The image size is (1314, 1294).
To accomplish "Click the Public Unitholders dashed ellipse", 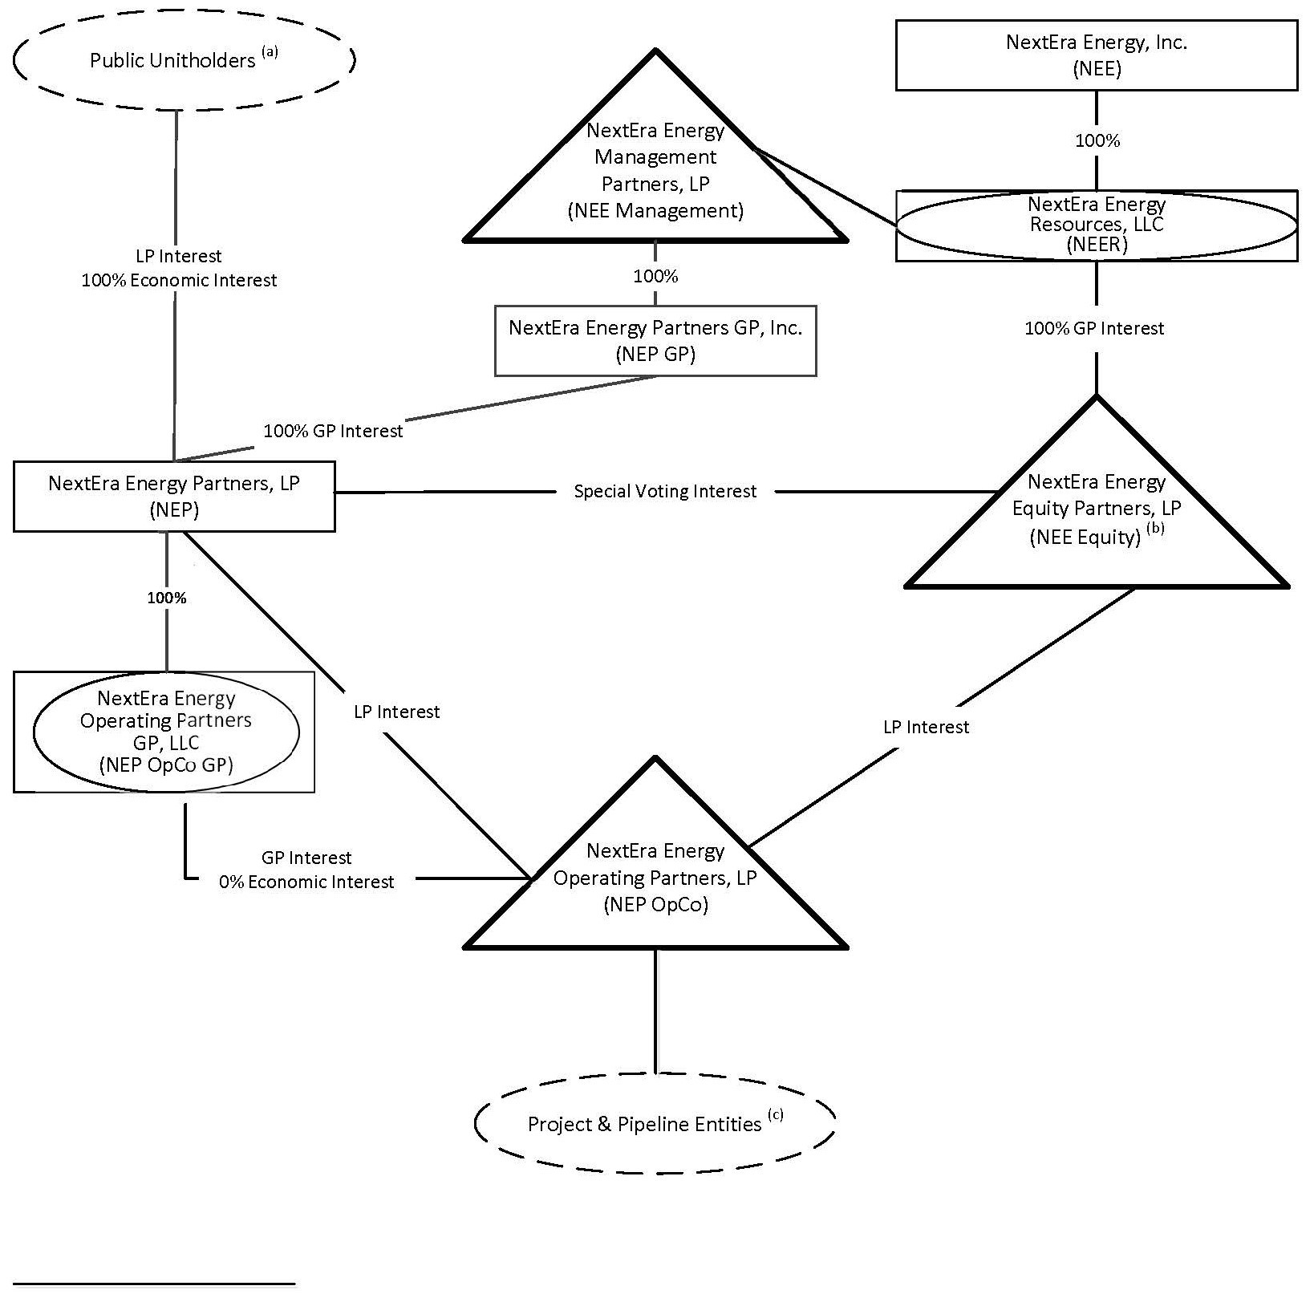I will click(184, 60).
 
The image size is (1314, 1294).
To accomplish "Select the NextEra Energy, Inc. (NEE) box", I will click(1096, 55).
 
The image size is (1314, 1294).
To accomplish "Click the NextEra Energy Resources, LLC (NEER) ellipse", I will click(1096, 225).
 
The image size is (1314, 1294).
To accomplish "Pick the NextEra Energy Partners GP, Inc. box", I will click(655, 340).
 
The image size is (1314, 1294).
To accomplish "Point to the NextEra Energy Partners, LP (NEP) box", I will click(174, 496).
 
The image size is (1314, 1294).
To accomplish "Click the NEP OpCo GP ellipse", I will click(166, 731).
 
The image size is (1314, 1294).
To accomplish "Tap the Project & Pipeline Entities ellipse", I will click(655, 1123).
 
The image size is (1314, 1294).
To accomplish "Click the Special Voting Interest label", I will click(665, 491).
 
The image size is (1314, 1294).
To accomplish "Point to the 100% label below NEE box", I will click(1097, 140).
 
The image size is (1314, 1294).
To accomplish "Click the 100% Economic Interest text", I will click(180, 281).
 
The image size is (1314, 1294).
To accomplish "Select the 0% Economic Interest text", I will click(306, 882).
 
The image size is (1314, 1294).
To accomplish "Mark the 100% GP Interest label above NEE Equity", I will click(1094, 328).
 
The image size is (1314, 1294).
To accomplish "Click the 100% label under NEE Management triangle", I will click(655, 276).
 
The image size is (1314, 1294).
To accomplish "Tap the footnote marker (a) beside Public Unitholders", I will click(270, 52).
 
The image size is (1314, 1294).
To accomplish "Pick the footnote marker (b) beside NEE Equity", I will click(1155, 529).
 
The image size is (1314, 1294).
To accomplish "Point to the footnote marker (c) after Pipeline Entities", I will click(775, 1114).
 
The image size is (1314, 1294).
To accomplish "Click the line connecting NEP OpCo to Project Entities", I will click(655, 1011).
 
